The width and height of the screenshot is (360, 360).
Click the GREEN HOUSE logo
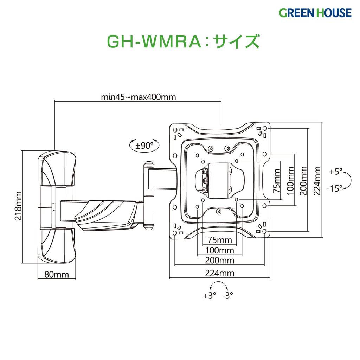(x=315, y=13)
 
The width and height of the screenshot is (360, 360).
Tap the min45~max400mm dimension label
(x=138, y=97)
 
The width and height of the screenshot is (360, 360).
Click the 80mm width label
(x=56, y=275)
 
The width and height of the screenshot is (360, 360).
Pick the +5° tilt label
(x=336, y=172)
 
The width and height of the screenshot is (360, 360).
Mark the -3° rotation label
(x=227, y=296)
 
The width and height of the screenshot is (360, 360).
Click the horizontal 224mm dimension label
(x=220, y=273)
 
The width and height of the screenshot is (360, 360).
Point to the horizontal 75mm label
(x=220, y=240)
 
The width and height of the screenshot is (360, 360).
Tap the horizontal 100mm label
(x=220, y=250)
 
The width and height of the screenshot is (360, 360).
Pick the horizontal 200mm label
(x=220, y=261)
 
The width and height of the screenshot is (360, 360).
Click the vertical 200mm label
(x=304, y=180)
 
